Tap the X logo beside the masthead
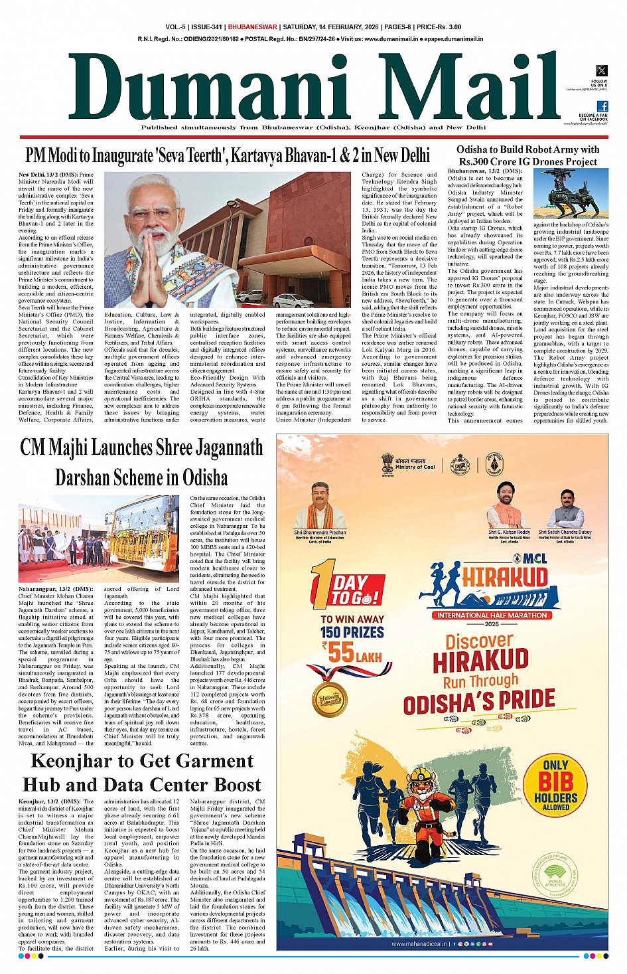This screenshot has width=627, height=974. pos(601,70)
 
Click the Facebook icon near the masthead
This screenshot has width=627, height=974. pos(602,106)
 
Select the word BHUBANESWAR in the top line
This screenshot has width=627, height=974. pos(252,27)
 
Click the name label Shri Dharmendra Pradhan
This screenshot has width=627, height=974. pos(320,532)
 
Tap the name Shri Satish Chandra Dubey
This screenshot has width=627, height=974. pos(565,532)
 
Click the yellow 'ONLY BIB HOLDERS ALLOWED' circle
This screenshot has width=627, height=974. pos(555,784)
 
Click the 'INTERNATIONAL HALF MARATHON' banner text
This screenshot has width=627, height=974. pos(492,615)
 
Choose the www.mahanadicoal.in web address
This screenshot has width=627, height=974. pos(417,943)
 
